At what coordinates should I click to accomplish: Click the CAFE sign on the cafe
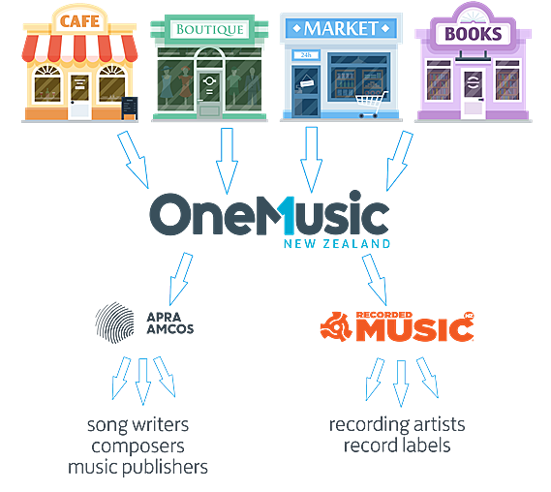79,20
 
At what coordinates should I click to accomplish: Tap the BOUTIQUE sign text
210,29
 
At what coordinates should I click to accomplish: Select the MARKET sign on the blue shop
341,28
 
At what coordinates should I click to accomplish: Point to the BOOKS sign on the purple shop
473,34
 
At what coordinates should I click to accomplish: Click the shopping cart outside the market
371,105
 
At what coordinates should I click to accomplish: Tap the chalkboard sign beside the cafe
130,108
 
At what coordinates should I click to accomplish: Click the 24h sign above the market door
305,55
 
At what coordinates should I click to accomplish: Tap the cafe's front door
79,96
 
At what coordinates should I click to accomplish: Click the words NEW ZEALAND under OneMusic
337,243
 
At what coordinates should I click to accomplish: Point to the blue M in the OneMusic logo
285,215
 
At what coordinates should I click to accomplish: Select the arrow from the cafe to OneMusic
134,159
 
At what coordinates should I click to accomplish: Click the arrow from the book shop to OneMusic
400,161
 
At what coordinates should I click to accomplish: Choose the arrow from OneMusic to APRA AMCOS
181,278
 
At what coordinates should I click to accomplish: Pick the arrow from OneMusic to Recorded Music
375,279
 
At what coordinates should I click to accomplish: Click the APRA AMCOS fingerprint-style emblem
114,323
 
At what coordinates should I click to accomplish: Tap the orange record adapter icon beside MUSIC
336,326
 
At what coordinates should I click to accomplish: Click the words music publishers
138,468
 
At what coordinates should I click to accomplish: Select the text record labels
397,446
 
